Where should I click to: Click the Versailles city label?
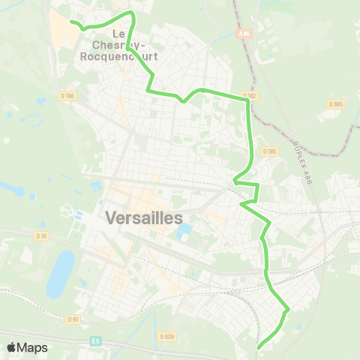point(145,218)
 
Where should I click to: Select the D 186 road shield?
point(67,95)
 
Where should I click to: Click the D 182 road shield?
point(250,95)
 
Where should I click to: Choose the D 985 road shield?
point(335,103)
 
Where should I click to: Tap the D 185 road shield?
point(271,151)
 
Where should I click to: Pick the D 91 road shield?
point(73,319)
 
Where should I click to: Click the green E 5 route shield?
point(95,340)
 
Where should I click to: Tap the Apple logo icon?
point(11,347)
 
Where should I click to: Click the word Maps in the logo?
point(32,347)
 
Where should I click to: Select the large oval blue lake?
point(61,273)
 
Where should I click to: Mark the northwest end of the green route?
point(72,22)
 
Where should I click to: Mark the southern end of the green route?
point(259,346)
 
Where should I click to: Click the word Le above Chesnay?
point(118,34)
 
